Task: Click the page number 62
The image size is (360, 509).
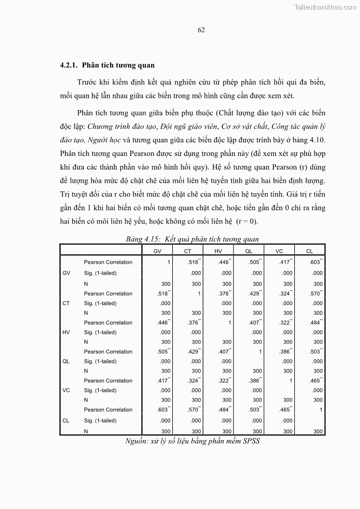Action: (x=201, y=30)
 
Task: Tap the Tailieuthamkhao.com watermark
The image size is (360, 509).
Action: (x=325, y=7)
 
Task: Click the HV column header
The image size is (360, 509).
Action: (x=218, y=251)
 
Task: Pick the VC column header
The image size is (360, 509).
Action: (x=279, y=251)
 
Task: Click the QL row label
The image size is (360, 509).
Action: (x=66, y=361)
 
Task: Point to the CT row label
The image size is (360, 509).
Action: (x=66, y=303)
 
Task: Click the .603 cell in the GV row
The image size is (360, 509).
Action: (x=315, y=262)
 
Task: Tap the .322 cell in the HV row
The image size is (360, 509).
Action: (x=285, y=323)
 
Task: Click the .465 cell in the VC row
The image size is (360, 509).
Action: (x=315, y=381)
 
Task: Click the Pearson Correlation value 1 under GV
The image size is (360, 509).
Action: (x=169, y=262)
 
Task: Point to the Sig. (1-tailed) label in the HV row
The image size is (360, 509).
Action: (x=100, y=332)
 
